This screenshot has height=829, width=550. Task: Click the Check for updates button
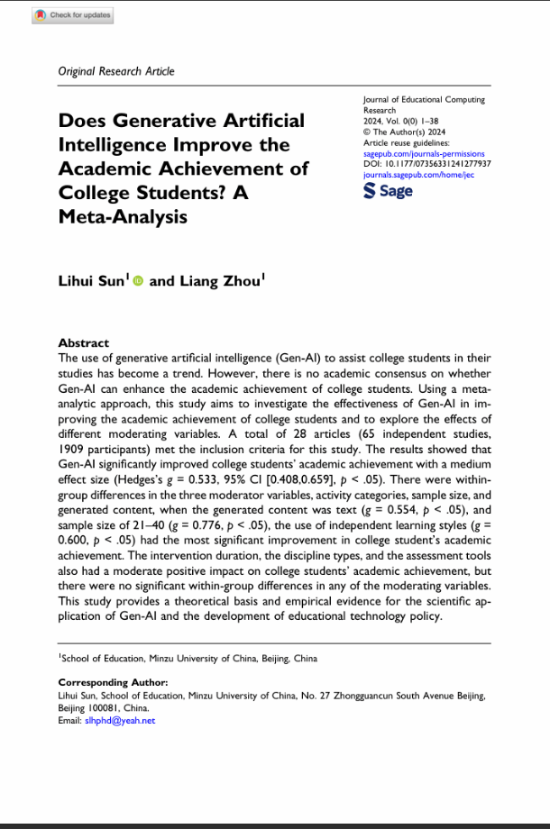coord(72,15)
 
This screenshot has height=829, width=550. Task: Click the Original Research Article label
coord(116,71)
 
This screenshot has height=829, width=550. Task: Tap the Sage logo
coord(388,191)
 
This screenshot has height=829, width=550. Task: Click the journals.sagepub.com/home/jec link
coord(418,175)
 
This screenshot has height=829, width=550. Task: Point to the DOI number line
coord(427,164)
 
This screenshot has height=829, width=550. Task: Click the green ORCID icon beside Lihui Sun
coord(138,281)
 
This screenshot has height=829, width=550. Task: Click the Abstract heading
coord(83,343)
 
